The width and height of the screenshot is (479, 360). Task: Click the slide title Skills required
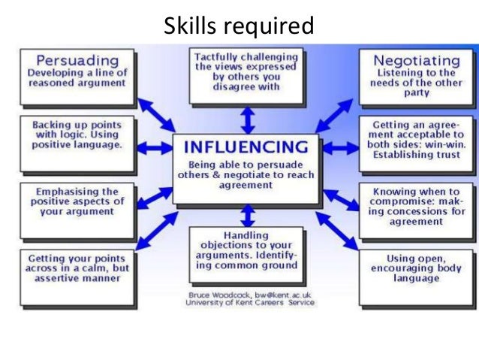click(239, 26)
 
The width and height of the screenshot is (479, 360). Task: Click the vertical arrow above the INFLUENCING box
click(246, 119)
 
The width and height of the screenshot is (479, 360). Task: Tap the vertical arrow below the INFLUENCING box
click(246, 216)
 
